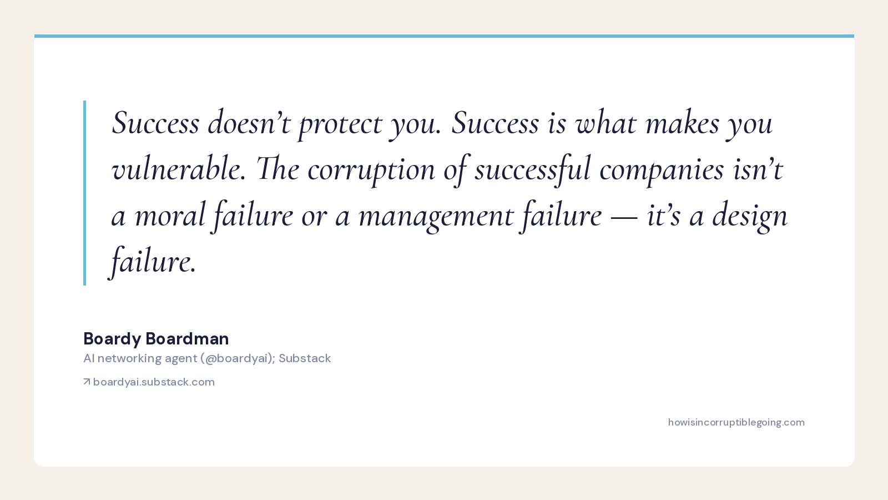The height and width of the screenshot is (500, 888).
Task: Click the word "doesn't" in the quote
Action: (x=249, y=122)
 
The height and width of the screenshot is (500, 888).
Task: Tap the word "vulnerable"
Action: (x=178, y=168)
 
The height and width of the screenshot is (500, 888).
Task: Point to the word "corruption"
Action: (x=371, y=170)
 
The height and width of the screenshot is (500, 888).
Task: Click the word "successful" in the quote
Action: (x=532, y=169)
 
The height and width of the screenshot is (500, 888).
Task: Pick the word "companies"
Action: (x=661, y=170)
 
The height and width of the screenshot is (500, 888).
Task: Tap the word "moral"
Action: (x=170, y=214)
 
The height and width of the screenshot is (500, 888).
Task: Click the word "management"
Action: (x=436, y=216)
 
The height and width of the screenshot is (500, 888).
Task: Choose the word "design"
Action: (x=750, y=216)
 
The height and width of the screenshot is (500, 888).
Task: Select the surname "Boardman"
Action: (x=187, y=338)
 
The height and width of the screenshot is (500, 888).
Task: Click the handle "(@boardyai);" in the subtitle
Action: (x=238, y=358)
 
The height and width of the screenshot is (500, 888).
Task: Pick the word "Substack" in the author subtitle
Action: (x=305, y=358)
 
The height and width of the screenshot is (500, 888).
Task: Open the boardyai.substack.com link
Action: (x=154, y=382)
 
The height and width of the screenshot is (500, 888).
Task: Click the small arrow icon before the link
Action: (x=87, y=381)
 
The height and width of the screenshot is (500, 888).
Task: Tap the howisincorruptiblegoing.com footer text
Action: (x=736, y=422)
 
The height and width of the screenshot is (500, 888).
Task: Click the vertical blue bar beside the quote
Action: (x=84, y=193)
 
